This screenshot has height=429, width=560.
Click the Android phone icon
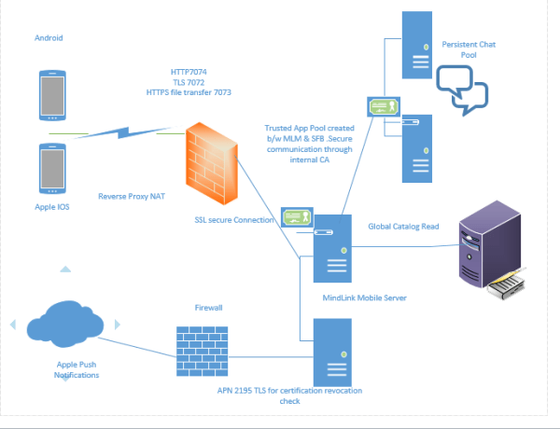click(52, 94)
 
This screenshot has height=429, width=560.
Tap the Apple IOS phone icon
click(52, 169)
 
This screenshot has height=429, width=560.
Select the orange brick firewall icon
click(213, 159)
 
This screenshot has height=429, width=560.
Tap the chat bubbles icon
click(464, 95)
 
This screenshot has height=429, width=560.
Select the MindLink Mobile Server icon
click(331, 248)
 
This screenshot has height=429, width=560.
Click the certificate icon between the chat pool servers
click(385, 107)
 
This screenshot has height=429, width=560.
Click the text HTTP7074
click(189, 71)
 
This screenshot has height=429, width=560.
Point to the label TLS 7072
click(189, 82)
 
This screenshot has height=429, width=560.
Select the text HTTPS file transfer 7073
click(189, 93)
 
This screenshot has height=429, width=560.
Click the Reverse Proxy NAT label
click(131, 197)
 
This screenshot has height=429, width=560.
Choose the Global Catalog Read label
click(404, 226)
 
